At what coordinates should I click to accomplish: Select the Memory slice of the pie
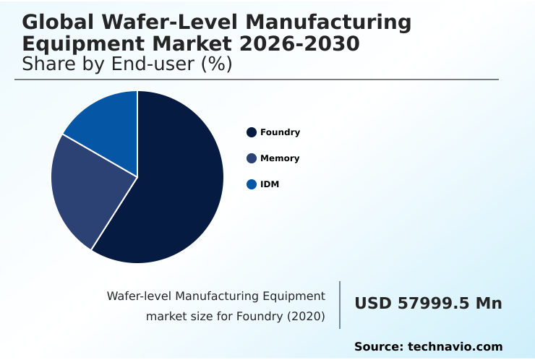[x=87, y=192]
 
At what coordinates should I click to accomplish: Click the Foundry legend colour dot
[x=252, y=132]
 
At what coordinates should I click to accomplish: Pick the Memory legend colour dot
[x=252, y=158]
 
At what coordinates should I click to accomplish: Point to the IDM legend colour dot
[x=252, y=184]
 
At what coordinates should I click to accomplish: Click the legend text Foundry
[x=280, y=132]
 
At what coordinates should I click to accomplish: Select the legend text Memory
[x=280, y=158]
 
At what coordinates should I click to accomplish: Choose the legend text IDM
[x=270, y=184]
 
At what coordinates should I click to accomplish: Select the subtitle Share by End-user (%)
[x=127, y=64]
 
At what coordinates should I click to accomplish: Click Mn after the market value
[x=488, y=304]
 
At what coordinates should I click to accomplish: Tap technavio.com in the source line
[x=455, y=347]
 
